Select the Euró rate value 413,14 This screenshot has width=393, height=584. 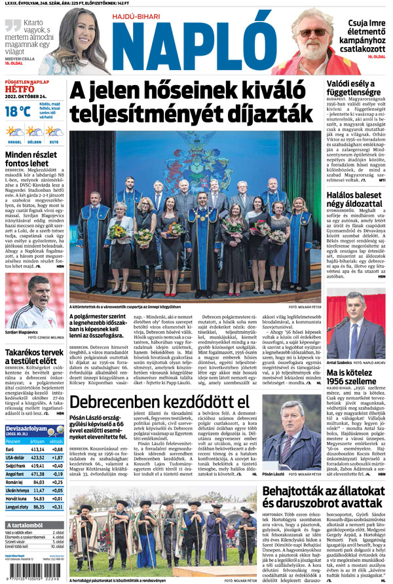coord(37,449)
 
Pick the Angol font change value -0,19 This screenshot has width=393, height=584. coord(57,473)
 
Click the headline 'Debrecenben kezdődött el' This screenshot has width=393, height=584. coord(160,382)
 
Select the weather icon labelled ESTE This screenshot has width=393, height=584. coord(54,133)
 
